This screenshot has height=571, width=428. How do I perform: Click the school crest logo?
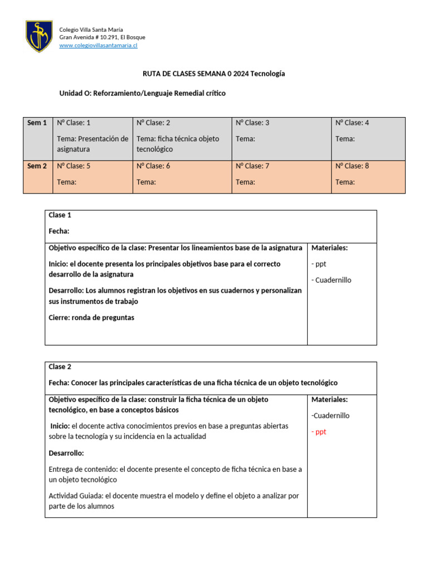click(x=40, y=37)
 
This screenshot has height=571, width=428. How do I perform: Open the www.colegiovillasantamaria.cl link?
click(x=98, y=45)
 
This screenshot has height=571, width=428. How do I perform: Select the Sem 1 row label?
click(x=37, y=123)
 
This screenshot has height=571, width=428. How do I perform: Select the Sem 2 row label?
click(x=37, y=166)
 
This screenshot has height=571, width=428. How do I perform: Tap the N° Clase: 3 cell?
click(x=252, y=123)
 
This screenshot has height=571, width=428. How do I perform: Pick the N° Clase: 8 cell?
click(x=352, y=166)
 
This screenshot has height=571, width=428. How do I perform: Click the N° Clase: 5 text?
click(x=74, y=166)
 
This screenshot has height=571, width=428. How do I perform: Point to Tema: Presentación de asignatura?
click(x=93, y=144)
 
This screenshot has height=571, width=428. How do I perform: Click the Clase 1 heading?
click(x=60, y=215)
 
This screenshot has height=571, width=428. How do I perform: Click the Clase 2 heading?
click(x=60, y=367)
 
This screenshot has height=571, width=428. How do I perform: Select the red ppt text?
click(x=319, y=432)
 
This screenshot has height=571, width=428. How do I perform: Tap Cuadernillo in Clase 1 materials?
click(x=333, y=280)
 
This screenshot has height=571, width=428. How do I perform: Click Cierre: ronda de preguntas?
click(x=91, y=317)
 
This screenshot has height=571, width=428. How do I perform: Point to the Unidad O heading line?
click(x=143, y=93)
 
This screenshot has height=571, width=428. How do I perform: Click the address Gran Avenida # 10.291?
click(x=102, y=37)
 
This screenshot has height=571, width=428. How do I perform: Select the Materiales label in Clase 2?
click(x=329, y=399)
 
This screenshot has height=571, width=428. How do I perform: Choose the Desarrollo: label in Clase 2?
click(x=66, y=453)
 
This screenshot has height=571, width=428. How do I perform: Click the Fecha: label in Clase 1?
click(x=59, y=231)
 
